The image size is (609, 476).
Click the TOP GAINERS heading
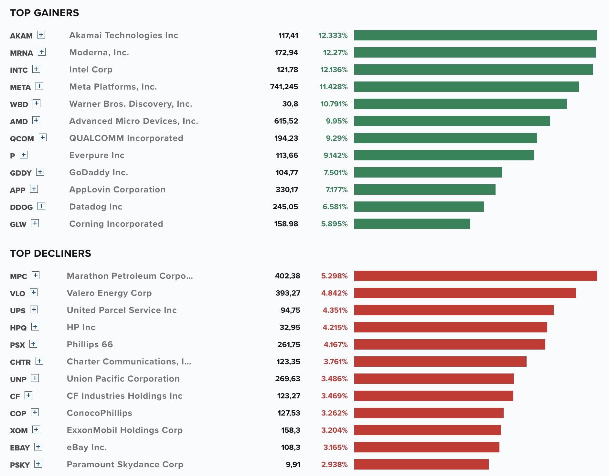click(45, 13)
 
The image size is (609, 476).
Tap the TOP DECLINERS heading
click(51, 254)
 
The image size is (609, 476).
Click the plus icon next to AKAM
click(41, 35)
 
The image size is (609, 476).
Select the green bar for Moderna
click(475, 52)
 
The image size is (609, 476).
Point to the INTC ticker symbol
click(19, 70)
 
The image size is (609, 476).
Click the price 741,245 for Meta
click(284, 87)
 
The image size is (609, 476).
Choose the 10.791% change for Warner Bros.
click(334, 104)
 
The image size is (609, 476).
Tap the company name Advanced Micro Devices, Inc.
click(134, 121)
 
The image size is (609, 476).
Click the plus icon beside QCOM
click(43, 137)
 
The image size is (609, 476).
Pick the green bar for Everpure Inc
click(444, 155)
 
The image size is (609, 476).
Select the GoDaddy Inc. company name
click(99, 172)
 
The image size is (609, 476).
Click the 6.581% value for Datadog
click(335, 207)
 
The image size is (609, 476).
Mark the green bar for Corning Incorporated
click(412, 224)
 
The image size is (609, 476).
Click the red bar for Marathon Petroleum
click(475, 276)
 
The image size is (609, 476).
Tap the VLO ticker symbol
click(17, 294)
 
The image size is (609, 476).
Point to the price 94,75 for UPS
click(290, 310)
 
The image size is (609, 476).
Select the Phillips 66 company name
click(90, 344)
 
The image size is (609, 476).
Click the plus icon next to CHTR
click(39, 361)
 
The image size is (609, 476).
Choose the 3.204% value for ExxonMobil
click(334, 430)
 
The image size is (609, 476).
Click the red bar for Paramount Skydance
click(422, 464)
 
